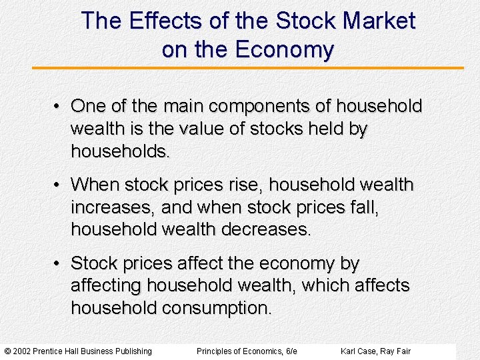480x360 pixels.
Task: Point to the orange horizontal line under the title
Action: point(248,68)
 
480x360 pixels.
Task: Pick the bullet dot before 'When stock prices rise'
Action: point(59,185)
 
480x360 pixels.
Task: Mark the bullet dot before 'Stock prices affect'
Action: point(59,264)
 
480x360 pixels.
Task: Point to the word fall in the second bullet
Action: point(364,207)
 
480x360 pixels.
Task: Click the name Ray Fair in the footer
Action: point(395,351)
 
